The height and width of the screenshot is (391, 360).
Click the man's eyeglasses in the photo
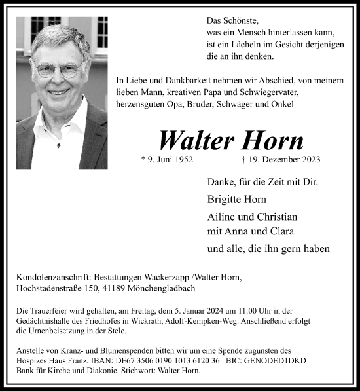click(58, 69)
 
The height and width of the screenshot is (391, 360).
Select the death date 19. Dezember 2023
click(281, 159)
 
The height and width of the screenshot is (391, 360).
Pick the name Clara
click(280, 231)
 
